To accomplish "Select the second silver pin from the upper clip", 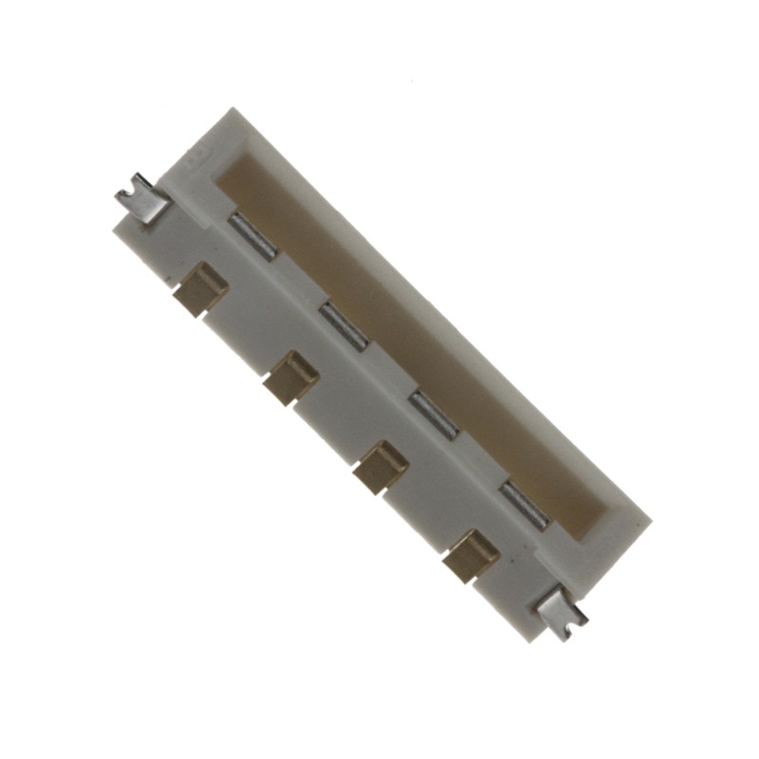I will click(x=342, y=323).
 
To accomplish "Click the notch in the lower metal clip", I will click(x=567, y=619).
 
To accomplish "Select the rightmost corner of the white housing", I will click(x=653, y=519).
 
